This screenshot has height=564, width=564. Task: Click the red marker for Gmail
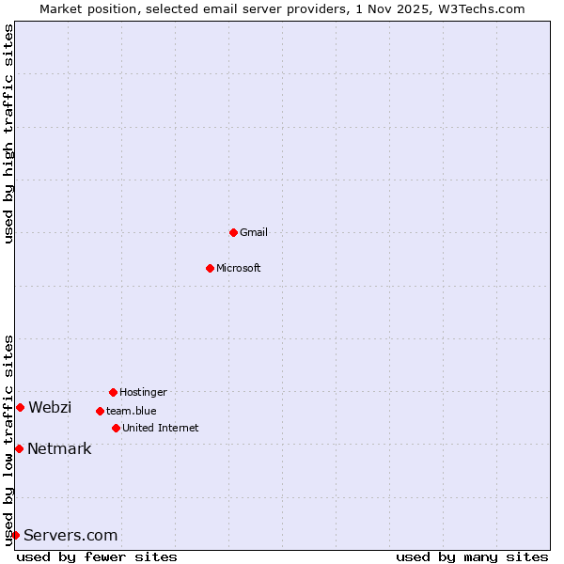click(233, 232)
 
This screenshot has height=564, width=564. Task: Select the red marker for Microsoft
click(210, 268)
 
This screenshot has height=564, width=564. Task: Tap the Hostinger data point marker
click(113, 392)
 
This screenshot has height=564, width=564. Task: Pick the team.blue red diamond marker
click(100, 411)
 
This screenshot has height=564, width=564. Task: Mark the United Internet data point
click(116, 428)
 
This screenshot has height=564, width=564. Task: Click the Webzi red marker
click(20, 407)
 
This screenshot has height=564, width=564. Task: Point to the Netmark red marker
click(19, 448)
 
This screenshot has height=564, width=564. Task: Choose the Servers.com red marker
click(15, 535)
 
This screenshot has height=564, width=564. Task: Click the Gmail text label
click(254, 232)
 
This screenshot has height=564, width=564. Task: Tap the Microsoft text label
click(239, 268)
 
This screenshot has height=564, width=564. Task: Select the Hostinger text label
click(143, 392)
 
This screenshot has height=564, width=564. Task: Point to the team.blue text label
click(132, 411)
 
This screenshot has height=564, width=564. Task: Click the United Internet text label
click(161, 428)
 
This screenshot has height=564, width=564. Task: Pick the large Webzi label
click(50, 407)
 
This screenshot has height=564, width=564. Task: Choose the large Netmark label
click(59, 448)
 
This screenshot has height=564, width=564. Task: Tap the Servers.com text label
click(70, 535)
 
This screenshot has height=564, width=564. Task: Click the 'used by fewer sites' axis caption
click(97, 556)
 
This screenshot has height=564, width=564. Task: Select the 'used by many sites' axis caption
click(472, 556)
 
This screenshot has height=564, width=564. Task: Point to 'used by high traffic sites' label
click(8, 133)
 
